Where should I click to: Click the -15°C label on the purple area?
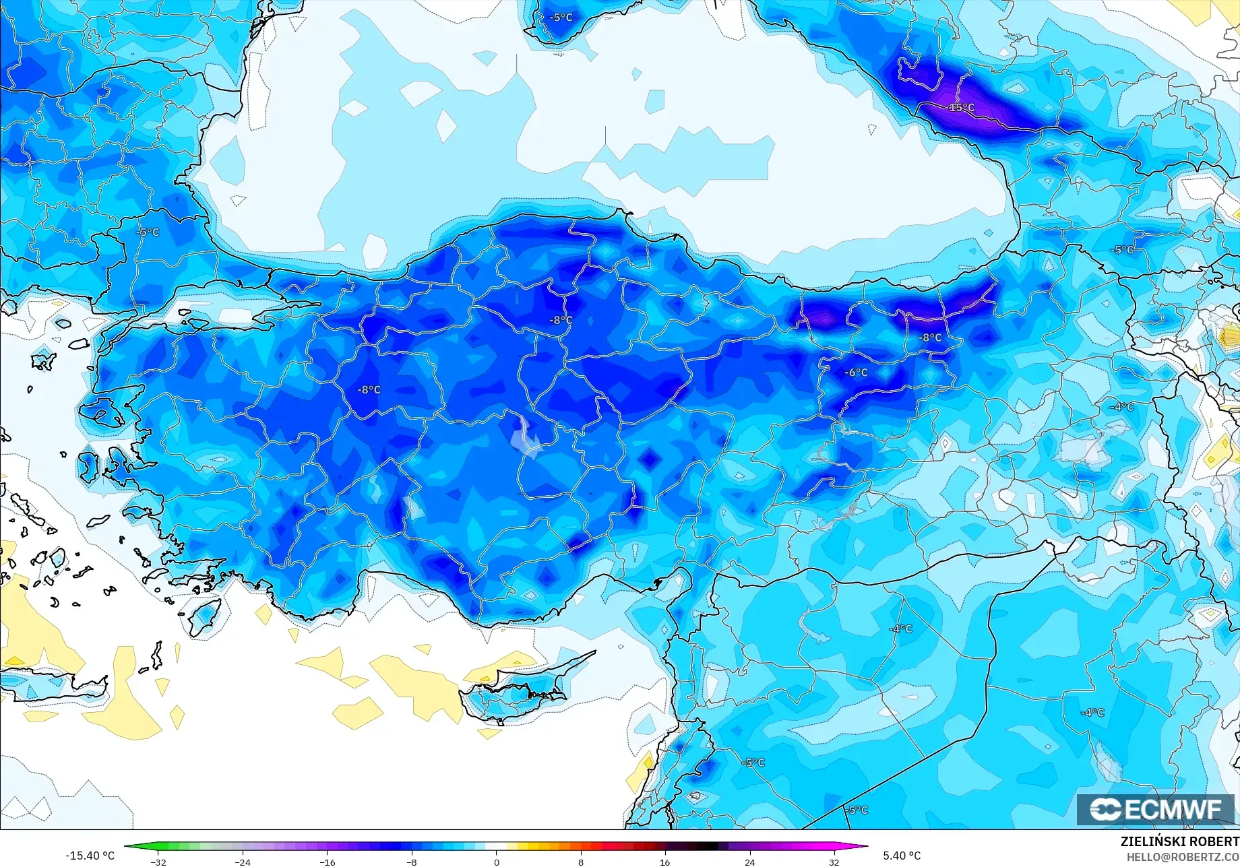960,108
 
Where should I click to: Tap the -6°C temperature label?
857,373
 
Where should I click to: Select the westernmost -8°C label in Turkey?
369,390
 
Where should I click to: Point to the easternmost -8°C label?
931,338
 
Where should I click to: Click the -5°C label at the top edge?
561,18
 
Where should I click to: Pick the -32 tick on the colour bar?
158,862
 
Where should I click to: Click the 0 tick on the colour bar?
497,862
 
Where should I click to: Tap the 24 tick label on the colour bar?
749,862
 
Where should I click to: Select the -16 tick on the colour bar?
328,862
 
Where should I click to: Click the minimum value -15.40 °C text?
90,856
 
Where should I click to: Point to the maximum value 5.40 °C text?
902,856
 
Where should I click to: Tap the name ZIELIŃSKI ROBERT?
1179,841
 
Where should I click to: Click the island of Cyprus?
512,697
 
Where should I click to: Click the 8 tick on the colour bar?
581,862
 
